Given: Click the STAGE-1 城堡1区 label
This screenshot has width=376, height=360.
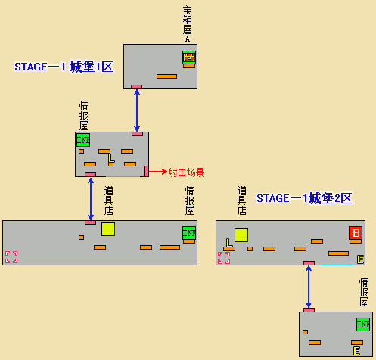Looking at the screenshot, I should [x=64, y=67].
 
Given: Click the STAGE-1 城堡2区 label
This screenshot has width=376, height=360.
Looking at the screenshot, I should [x=304, y=198].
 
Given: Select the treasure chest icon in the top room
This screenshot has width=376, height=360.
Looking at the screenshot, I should [x=188, y=57].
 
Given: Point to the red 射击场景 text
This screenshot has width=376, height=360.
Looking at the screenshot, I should [x=186, y=172].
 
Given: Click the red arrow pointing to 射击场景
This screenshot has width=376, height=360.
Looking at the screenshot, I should [x=157, y=172].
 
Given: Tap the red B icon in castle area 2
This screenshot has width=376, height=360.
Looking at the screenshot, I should [x=355, y=233].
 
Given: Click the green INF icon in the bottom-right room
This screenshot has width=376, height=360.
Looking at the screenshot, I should [x=363, y=324].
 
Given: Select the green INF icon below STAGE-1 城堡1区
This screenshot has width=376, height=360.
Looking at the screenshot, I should [x=82, y=140].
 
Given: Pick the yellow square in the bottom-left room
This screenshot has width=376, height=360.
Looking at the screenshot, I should [x=108, y=229].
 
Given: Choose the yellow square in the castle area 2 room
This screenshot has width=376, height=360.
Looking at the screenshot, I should [x=241, y=234].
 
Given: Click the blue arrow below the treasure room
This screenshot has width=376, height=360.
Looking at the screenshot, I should [x=136, y=110].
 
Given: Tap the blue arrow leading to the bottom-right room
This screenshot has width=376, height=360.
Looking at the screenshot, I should [x=309, y=286].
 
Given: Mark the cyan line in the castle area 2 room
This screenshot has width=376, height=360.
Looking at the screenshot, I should [x=337, y=265].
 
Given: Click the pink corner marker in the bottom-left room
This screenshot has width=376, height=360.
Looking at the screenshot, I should [x=11, y=257].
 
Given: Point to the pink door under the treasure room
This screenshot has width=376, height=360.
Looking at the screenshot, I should [x=136, y=87].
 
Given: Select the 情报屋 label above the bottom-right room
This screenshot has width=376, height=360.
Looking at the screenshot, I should [x=364, y=291].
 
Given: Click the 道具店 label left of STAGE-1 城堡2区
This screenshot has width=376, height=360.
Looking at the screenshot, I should [x=241, y=200].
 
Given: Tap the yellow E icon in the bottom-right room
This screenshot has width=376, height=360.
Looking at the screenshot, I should [x=356, y=352].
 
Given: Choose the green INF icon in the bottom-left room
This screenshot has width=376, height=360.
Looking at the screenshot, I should [x=188, y=233].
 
